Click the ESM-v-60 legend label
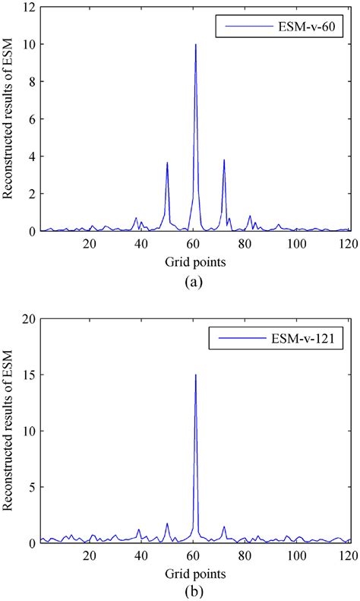click(311, 28)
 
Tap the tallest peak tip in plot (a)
click(196, 45)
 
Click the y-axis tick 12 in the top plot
click(27, 8)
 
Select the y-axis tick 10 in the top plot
click(27, 45)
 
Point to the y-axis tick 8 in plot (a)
click(30, 82)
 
